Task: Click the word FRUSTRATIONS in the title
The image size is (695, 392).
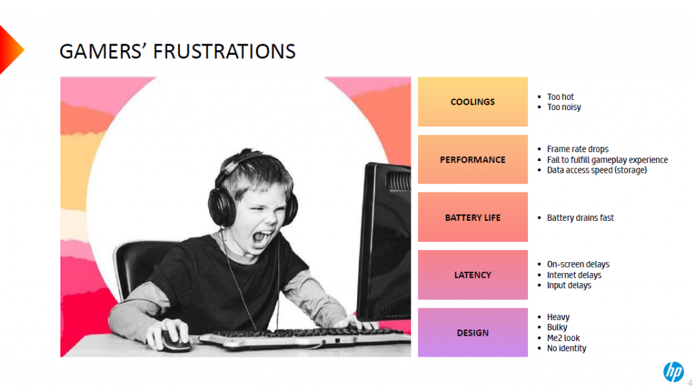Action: (x=224, y=52)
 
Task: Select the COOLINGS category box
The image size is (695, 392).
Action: (x=472, y=101)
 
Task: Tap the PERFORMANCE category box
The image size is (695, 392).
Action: (x=472, y=159)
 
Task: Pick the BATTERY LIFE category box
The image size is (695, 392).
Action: (x=472, y=217)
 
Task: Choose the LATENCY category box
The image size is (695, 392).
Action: (x=472, y=274)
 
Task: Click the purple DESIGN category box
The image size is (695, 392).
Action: (x=472, y=332)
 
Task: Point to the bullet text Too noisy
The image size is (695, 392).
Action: (x=564, y=107)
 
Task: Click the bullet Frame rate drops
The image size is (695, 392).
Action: (x=578, y=149)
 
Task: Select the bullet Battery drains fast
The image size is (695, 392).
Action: (x=580, y=217)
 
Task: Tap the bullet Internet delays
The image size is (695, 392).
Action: (x=574, y=275)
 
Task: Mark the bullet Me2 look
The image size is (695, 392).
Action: (x=563, y=338)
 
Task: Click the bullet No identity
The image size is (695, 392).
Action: (x=567, y=349)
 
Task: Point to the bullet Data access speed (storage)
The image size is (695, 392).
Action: (x=597, y=171)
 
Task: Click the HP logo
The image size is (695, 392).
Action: (x=673, y=372)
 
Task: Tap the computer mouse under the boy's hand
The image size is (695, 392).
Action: (x=175, y=340)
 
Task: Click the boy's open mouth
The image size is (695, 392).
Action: (x=261, y=238)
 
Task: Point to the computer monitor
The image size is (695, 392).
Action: (x=384, y=242)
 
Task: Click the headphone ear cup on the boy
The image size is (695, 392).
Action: (x=220, y=207)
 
